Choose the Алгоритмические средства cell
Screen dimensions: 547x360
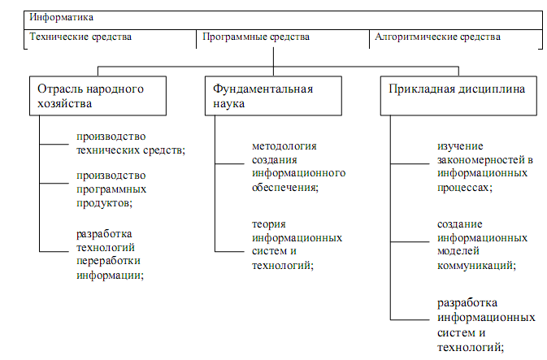point(436,37)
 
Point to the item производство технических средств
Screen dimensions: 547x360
point(128,143)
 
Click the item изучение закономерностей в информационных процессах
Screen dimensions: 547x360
point(484,166)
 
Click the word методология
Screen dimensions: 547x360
point(284,147)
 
